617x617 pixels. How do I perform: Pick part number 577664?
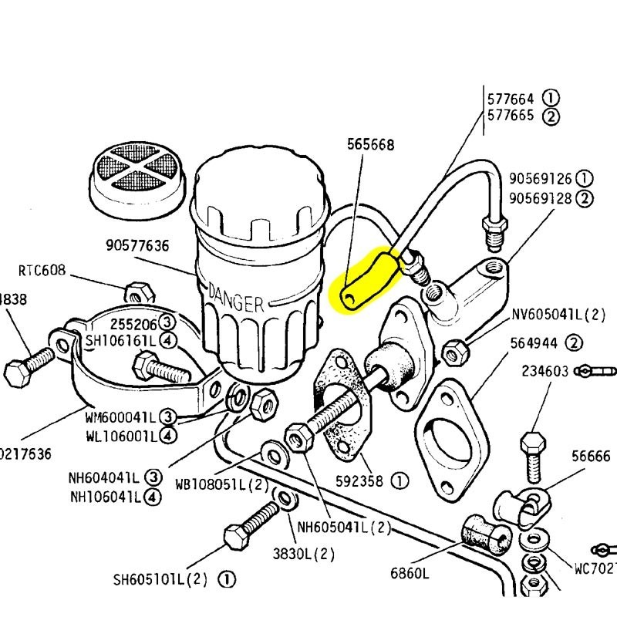pos(510,99)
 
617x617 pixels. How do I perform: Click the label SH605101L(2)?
pos(164,579)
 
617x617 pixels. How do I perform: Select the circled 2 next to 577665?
pos(551,117)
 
